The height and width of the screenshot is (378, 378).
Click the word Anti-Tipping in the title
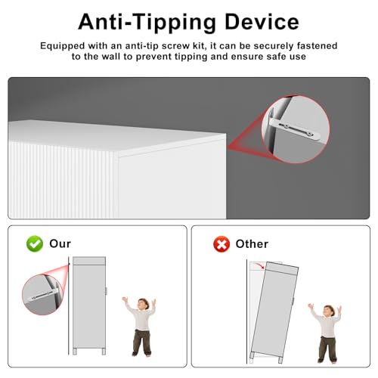pyautogui.click(x=147, y=23)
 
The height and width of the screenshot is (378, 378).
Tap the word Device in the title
pyautogui.click(x=262, y=22)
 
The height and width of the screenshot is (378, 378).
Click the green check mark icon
pyautogui.click(x=35, y=243)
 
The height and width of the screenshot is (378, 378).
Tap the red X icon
pyautogui.click(x=222, y=244)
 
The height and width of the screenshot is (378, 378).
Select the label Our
pyautogui.click(x=60, y=243)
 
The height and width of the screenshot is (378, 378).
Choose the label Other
pyautogui.click(x=252, y=244)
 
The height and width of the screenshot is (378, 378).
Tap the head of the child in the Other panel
pyautogui.click(x=329, y=311)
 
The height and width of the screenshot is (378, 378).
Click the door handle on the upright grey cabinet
pyautogui.click(x=107, y=291)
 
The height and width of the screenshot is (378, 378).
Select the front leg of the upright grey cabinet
pyautogui.click(x=104, y=352)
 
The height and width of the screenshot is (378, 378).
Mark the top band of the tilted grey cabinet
pyautogui.click(x=282, y=269)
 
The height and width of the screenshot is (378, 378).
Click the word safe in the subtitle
pyautogui.click(x=277, y=57)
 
